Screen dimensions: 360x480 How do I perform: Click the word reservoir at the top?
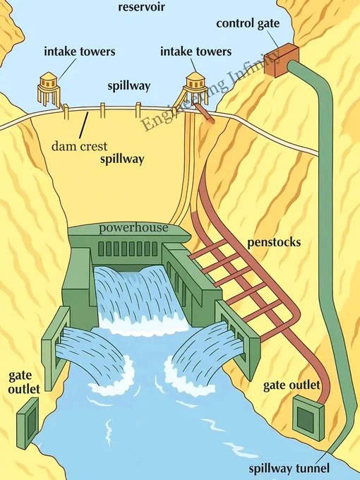pos(141,7)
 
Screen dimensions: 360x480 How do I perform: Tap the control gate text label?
pos(248,23)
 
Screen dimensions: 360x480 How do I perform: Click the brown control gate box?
pos(281,60)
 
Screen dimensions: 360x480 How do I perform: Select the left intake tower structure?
pos(49,90)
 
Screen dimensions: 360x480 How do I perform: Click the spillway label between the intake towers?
pos(129,86)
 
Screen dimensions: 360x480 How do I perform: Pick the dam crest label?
pos(79,146)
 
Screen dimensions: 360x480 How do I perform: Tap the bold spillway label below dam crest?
pos(122,160)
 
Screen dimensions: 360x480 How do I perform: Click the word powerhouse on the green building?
pos(133,228)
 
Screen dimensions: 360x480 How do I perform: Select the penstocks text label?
pos(274,242)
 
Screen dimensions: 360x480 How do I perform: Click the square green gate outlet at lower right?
pos(308,418)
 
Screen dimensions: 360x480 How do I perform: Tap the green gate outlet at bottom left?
pos(28,424)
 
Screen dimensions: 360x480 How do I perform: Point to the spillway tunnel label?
pos(289,469)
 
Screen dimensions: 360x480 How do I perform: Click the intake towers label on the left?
pos(80,52)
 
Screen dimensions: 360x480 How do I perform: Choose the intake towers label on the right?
pos(196,52)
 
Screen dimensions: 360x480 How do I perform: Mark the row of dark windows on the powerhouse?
pos(128,249)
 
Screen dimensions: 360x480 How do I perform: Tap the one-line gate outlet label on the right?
pos(292,385)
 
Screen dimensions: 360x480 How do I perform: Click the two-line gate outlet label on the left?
pos(24,383)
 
